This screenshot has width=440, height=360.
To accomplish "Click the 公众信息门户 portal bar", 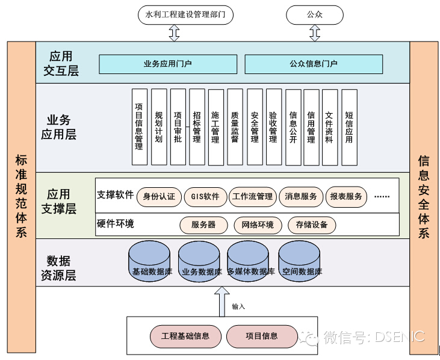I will tap(314, 64).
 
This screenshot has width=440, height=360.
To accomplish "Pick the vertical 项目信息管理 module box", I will tap(139, 126).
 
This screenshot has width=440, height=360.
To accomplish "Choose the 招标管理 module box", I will tap(197, 126).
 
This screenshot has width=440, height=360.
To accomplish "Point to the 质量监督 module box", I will tap(235, 126).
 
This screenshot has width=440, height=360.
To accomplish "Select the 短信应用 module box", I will tap(349, 126).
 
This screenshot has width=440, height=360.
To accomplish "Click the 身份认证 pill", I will tap(159, 196).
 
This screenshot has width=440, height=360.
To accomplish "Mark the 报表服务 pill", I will tap(346, 196).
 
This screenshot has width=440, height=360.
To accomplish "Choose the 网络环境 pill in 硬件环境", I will tap(258, 225).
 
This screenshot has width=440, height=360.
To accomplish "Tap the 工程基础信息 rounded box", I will tap(185, 336).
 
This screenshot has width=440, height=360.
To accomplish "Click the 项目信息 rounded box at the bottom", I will tap(262, 336).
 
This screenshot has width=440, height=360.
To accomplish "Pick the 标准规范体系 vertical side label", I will tap(21, 196).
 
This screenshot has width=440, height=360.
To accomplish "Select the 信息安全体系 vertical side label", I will tap(424, 196).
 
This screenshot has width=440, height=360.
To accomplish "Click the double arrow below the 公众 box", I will tap(315, 33).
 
